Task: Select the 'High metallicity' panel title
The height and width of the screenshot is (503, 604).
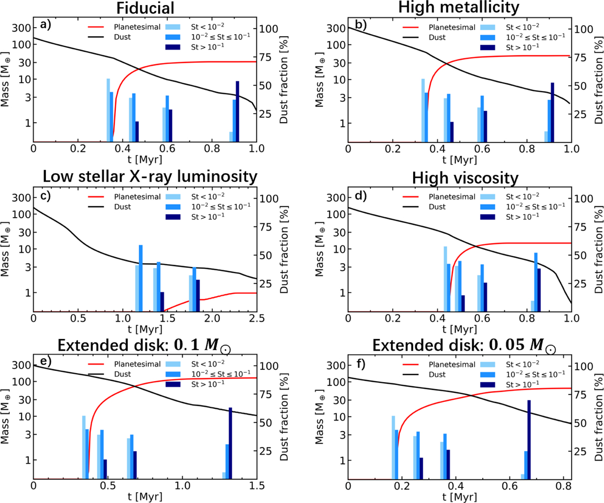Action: pyautogui.click(x=459, y=9)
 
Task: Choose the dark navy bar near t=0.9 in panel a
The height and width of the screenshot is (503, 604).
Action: pyautogui.click(x=238, y=111)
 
